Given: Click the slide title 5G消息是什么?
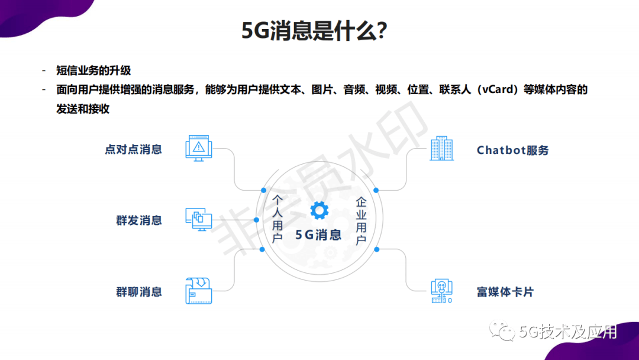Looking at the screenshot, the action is pyautogui.click(x=314, y=31).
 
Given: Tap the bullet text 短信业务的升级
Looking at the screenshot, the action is pyautogui.click(x=93, y=70).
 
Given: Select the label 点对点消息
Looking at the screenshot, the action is pyautogui.click(x=133, y=149).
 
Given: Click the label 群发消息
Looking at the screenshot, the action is pyautogui.click(x=139, y=221).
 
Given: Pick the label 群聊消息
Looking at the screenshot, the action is pyautogui.click(x=139, y=292).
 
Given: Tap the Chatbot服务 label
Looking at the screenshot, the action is pyautogui.click(x=512, y=150).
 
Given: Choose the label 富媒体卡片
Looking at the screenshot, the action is pyautogui.click(x=505, y=292).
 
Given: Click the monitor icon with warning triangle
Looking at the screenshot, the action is pyautogui.click(x=199, y=148).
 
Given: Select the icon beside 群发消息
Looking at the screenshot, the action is pyautogui.click(x=199, y=219).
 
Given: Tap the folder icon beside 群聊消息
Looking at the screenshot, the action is pyautogui.click(x=199, y=291).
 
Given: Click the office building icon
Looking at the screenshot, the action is pyautogui.click(x=442, y=148).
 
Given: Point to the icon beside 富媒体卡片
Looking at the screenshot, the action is pyautogui.click(x=442, y=291).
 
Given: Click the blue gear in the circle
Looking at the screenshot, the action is pyautogui.click(x=319, y=210).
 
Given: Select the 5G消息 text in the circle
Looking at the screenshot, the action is pyautogui.click(x=318, y=235).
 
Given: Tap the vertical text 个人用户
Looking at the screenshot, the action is pyautogui.click(x=277, y=219).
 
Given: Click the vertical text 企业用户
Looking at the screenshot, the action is pyautogui.click(x=361, y=221).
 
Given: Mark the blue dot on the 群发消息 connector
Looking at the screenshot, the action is pyautogui.click(x=256, y=220).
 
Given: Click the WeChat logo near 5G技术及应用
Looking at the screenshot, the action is pyautogui.click(x=502, y=330).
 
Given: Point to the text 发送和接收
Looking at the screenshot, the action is pyautogui.click(x=83, y=109).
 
